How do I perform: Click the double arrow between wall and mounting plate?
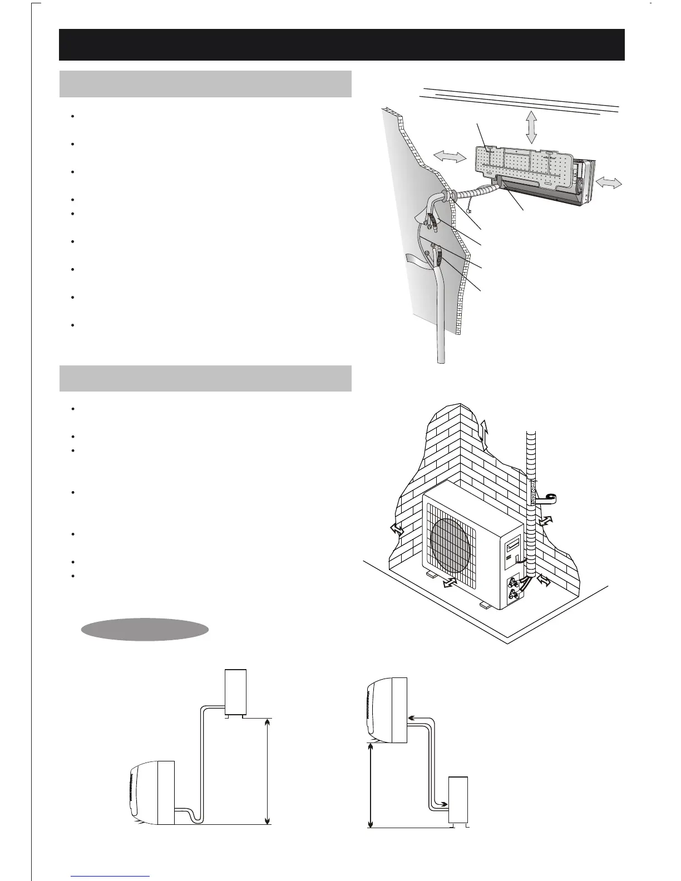coord(448,157)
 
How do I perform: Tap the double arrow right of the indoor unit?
coord(608,184)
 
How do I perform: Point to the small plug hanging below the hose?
coord(471,210)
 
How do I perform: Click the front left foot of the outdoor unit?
coord(432,573)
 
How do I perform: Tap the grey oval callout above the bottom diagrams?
coord(145,629)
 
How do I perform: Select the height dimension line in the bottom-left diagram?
coord(268,771)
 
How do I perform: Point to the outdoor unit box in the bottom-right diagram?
coord(458,799)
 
